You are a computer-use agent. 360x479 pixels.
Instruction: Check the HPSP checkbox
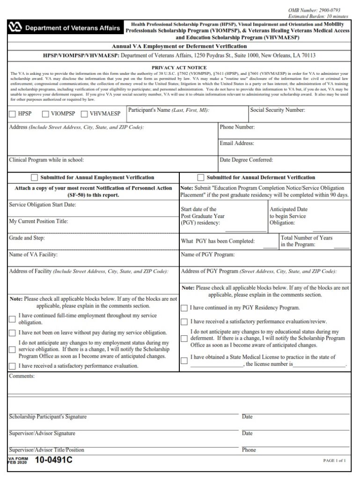13,114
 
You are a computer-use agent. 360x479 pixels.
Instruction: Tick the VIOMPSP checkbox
45,114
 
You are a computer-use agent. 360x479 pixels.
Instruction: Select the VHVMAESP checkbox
84,114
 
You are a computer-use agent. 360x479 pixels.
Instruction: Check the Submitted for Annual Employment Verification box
34,178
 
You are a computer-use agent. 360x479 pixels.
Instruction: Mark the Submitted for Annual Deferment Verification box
201,178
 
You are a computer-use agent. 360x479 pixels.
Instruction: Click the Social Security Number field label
278,110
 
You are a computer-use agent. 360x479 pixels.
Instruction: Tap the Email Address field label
237,143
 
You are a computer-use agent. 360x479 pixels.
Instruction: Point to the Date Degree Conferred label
246,160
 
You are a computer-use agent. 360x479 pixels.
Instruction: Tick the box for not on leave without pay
13,333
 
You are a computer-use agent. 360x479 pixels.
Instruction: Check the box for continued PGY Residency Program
184,308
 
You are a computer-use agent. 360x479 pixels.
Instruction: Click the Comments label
22,376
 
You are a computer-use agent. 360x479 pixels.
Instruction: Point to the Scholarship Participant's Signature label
48,417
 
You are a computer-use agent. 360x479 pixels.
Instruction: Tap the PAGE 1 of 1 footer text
334,461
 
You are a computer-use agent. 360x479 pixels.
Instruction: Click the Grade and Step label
27,238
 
